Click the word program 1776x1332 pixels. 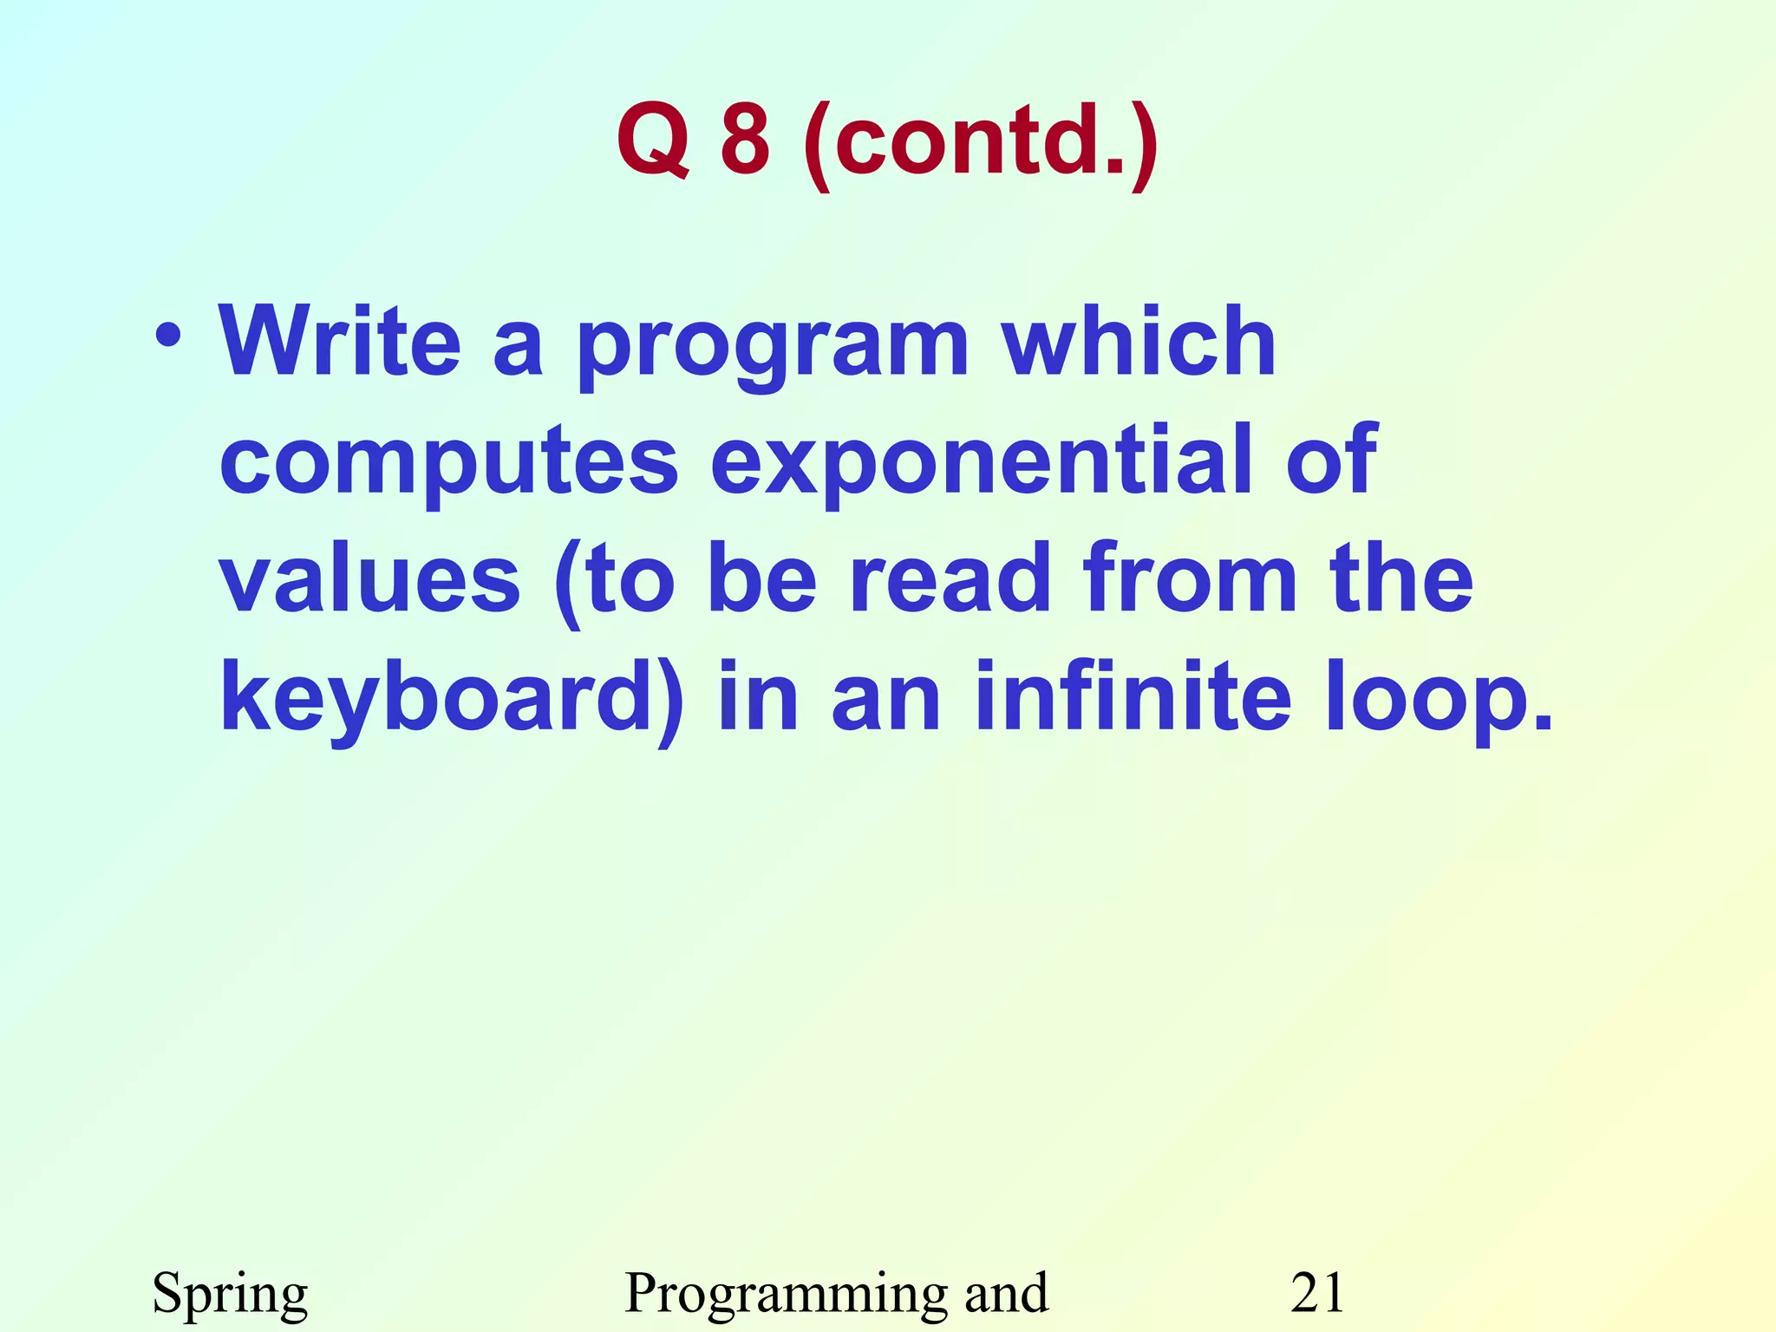773,347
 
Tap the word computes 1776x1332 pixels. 448,462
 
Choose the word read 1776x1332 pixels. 950,578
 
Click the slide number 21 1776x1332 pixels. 1317,1292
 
